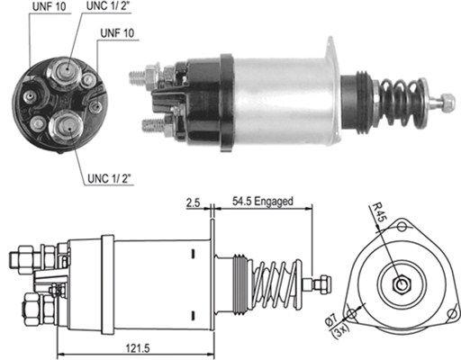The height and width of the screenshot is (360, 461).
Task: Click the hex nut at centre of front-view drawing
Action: click(x=401, y=286)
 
